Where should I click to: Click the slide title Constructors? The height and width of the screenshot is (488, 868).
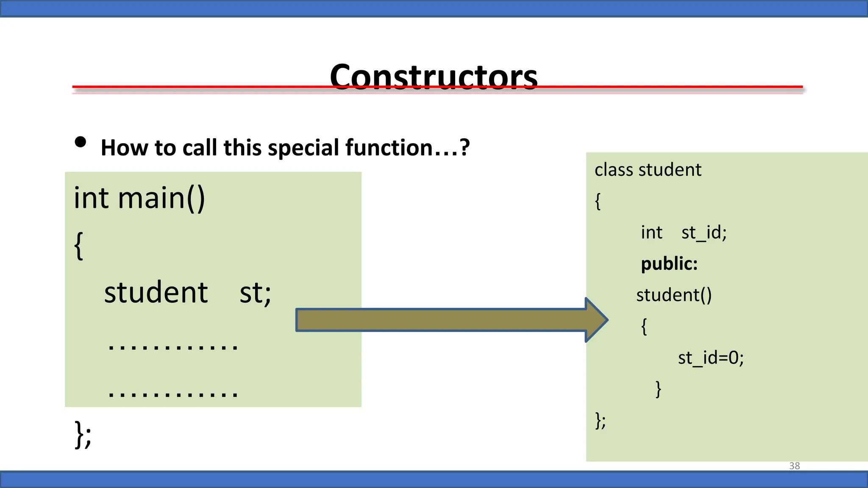433,77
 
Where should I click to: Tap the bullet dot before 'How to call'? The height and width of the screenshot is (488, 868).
80,142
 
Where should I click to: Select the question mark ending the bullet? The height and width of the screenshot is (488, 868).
465,147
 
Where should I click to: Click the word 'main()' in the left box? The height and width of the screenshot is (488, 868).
161,198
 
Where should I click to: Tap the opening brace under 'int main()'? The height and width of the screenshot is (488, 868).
78,246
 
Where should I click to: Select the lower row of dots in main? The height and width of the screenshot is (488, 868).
173,394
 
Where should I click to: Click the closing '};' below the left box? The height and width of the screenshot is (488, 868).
83,434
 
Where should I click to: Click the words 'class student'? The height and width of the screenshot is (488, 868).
648,170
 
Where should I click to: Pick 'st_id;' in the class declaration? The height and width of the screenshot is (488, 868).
704,233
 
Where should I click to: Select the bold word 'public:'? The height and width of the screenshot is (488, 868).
669,264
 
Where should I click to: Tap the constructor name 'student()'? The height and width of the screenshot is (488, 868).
674,295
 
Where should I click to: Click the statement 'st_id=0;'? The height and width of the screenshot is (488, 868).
711,358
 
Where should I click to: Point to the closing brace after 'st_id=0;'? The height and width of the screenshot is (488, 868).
658,389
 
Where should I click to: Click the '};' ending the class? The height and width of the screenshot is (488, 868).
600,420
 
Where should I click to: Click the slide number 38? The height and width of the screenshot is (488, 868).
794,466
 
